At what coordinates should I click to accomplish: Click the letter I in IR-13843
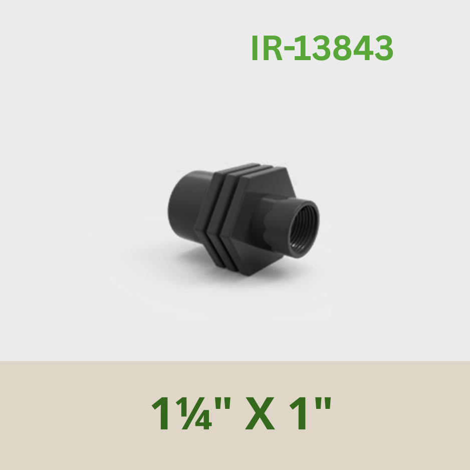255,48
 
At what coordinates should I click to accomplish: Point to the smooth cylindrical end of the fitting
186,204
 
